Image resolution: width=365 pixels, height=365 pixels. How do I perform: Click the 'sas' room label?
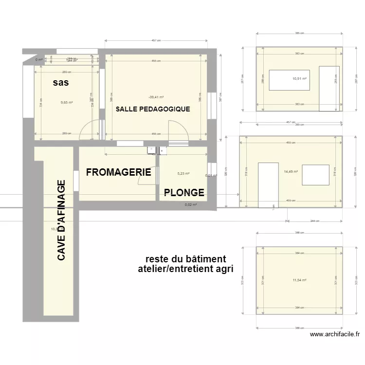coord(60,83)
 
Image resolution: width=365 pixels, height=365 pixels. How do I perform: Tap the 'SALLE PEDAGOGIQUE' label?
coord(153,109)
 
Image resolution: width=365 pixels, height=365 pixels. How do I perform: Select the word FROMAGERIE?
coord(118,172)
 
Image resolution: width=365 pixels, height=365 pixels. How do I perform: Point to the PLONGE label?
coord(184,192)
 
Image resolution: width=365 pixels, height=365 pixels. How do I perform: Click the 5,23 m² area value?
coord(183,173)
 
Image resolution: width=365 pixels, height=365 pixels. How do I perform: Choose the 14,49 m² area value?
coord(291,171)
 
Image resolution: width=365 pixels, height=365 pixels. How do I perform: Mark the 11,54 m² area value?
coord(299,280)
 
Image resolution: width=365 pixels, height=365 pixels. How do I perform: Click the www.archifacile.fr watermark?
coord(334,334)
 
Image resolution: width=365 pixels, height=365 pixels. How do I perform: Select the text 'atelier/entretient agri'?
coord(185,269)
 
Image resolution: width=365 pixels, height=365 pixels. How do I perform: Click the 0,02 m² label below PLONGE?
coord(191,205)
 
